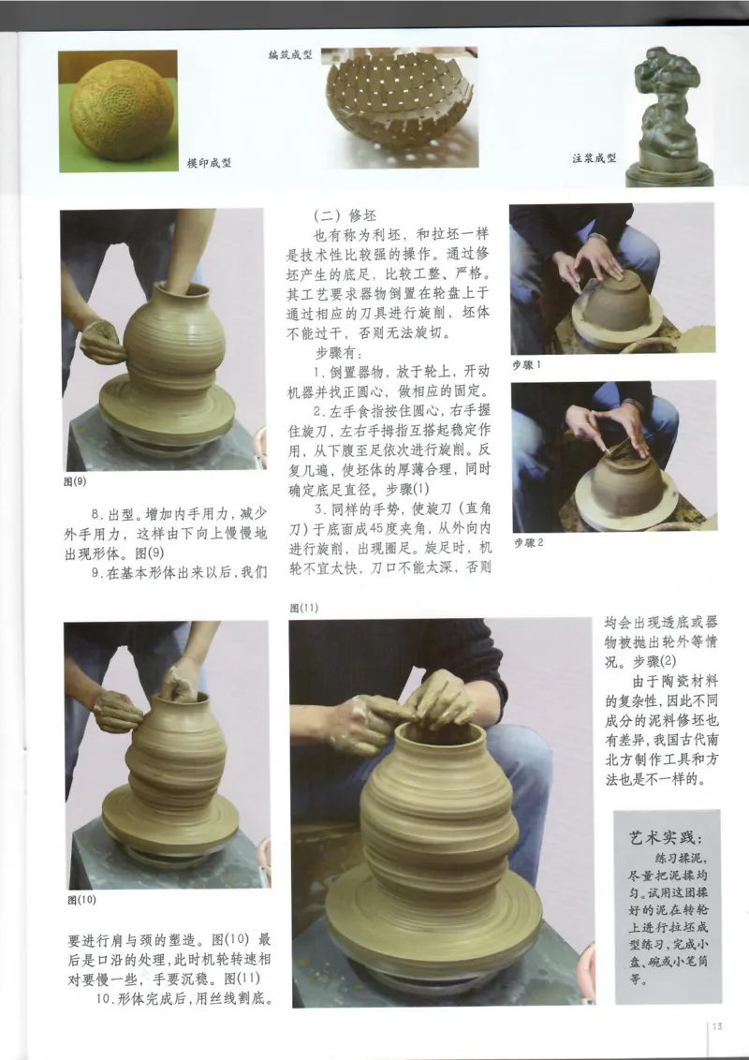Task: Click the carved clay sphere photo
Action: [x=117, y=111]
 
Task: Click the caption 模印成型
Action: [x=209, y=163]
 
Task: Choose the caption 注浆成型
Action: [x=595, y=158]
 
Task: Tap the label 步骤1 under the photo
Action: [x=528, y=364]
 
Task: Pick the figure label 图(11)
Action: [x=304, y=608]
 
